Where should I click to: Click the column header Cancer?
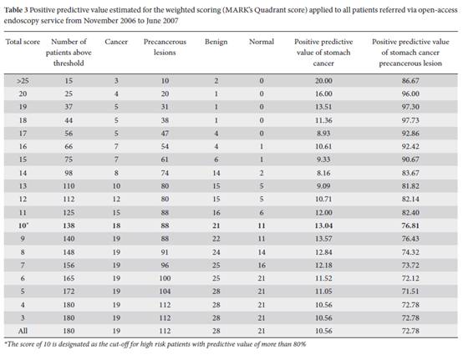[116, 42]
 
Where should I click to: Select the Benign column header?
[216, 42]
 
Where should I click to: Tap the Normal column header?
[262, 42]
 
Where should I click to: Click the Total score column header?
[23, 42]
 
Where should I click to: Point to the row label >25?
[23, 81]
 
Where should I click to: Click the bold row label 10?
[23, 226]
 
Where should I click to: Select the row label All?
[23, 331]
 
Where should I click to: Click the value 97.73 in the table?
[410, 120]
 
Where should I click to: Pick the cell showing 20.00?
[323, 81]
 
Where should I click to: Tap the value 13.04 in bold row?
[323, 226]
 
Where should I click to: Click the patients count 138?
[69, 226]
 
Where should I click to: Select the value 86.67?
[410, 81]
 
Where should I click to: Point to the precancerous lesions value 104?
[165, 292]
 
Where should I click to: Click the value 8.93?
[323, 134]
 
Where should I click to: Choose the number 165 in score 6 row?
[69, 278]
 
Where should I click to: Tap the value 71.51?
[410, 292]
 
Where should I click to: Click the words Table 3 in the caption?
[16, 10]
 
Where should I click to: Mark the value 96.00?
[410, 94]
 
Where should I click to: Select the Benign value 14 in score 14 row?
[216, 173]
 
